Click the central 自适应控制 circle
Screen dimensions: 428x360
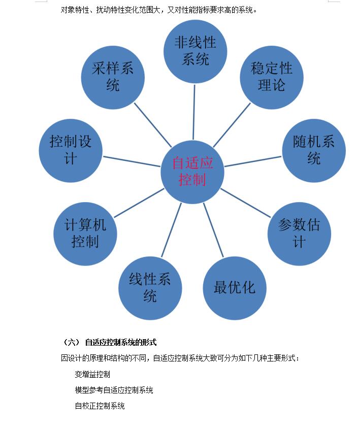coord(192,172)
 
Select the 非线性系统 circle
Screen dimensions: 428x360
coord(195,51)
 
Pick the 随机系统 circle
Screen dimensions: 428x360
coord(314,150)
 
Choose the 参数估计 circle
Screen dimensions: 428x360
coord(299,233)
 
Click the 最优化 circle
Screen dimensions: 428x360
coord(235,288)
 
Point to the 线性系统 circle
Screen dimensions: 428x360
coord(150,287)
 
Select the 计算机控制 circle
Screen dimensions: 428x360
coord(85,233)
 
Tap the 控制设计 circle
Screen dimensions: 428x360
coord(71,150)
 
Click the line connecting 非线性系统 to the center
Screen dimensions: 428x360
coord(194,112)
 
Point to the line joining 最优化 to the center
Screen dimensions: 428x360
coord(213,230)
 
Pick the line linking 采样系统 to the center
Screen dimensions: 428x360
coord(153,125)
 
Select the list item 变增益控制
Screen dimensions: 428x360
coord(92,375)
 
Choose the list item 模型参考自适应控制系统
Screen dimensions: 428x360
coord(114,390)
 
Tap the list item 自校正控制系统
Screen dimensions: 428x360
coord(100,406)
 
